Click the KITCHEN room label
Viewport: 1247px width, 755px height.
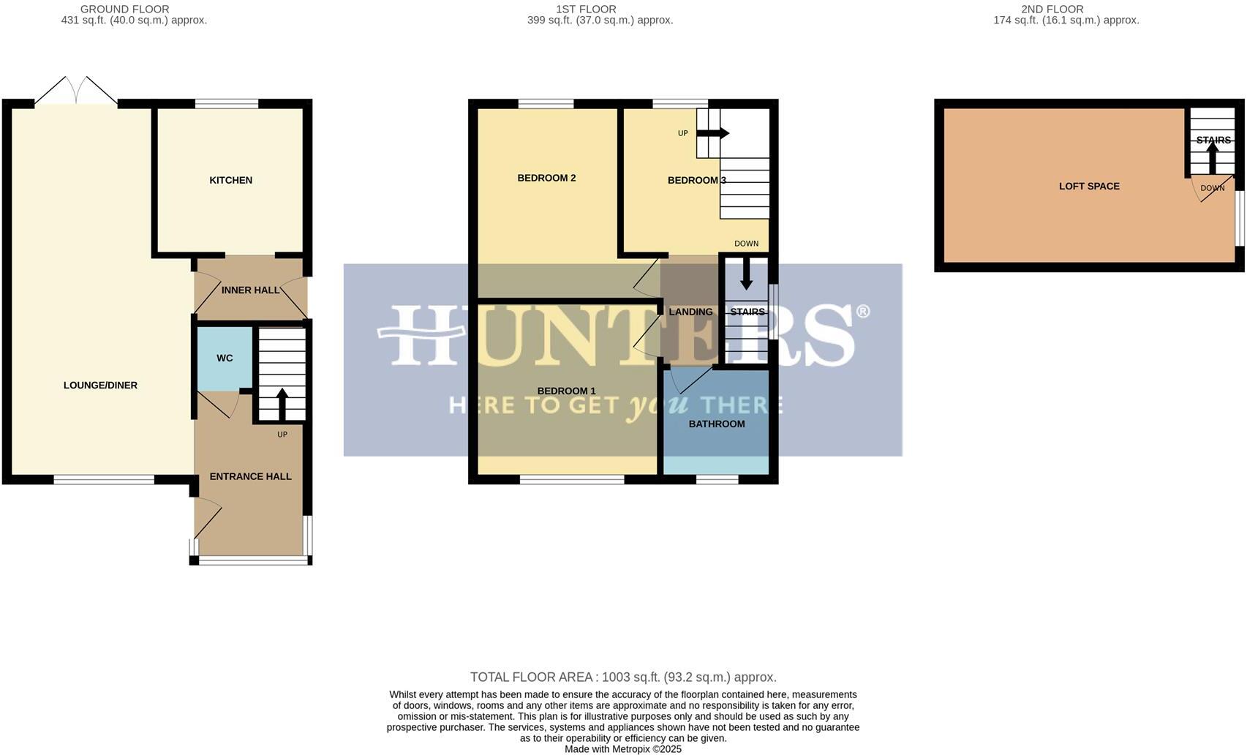[230, 180]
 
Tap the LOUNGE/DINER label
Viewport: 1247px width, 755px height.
[100, 386]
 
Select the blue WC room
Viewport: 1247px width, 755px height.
[225, 358]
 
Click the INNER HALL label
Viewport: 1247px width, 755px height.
[250, 290]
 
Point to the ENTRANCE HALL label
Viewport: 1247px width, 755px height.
[250, 476]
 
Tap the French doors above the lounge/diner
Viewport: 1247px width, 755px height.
[76, 91]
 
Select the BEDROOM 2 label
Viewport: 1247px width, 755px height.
[546, 178]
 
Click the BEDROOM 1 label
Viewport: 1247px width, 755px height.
[566, 391]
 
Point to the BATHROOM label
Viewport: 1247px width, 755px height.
[717, 424]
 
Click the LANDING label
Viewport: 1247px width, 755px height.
[690, 312]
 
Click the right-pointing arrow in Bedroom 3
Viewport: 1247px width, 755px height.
[713, 133]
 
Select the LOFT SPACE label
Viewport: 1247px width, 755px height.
[1089, 187]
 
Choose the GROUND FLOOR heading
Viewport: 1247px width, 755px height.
[124, 10]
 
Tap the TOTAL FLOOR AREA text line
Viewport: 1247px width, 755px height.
[623, 677]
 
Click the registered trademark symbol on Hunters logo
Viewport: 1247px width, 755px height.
[862, 312]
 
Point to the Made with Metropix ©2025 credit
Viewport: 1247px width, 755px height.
[623, 749]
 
